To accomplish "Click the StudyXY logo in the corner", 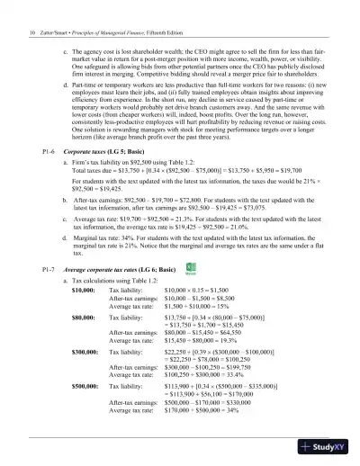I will click(x=329, y=447).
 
